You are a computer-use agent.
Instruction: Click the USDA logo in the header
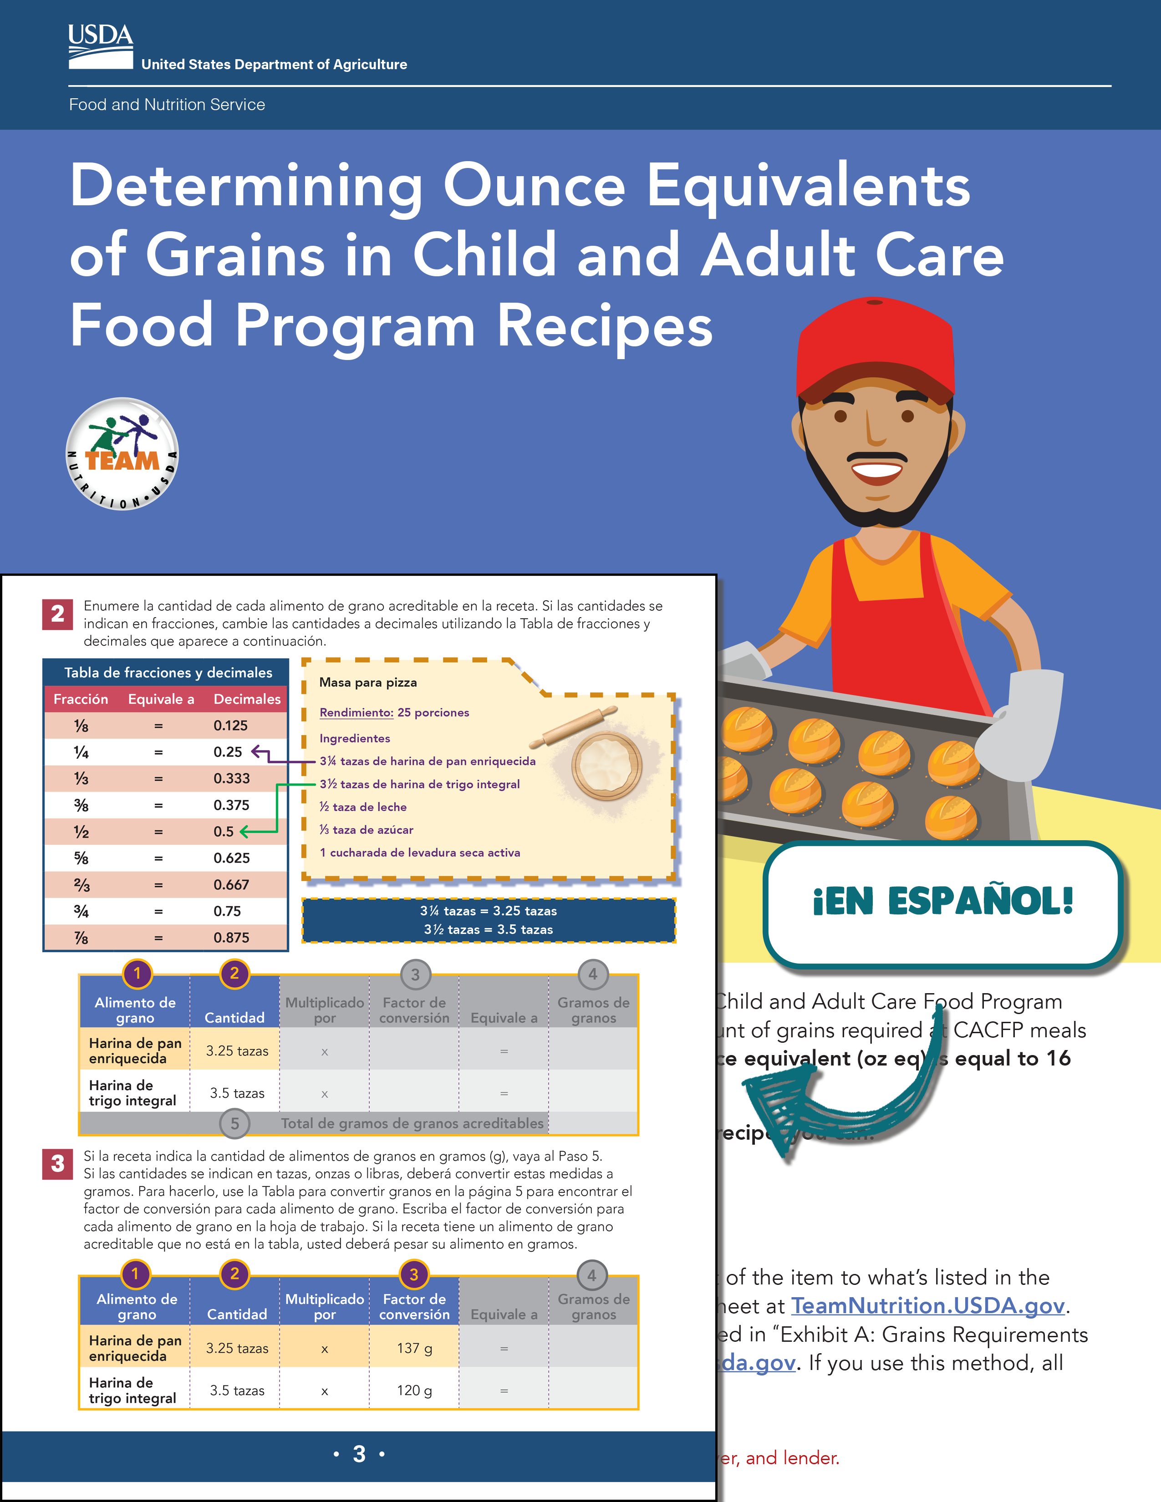[x=101, y=47]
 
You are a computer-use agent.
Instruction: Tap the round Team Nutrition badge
[x=122, y=454]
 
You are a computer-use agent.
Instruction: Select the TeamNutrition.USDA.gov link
[x=927, y=1305]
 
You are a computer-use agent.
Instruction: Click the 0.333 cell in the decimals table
[x=232, y=778]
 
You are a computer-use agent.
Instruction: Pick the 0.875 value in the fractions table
[x=232, y=937]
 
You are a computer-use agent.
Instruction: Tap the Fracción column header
[x=81, y=699]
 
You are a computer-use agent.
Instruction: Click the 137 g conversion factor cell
[x=414, y=1348]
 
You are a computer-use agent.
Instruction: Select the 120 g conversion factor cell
[x=414, y=1390]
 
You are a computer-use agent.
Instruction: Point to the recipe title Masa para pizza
[x=368, y=682]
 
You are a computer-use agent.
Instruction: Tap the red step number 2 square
[x=58, y=614]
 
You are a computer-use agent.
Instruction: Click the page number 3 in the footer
[x=359, y=1454]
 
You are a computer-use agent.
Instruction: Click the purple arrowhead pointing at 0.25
[x=256, y=752]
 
